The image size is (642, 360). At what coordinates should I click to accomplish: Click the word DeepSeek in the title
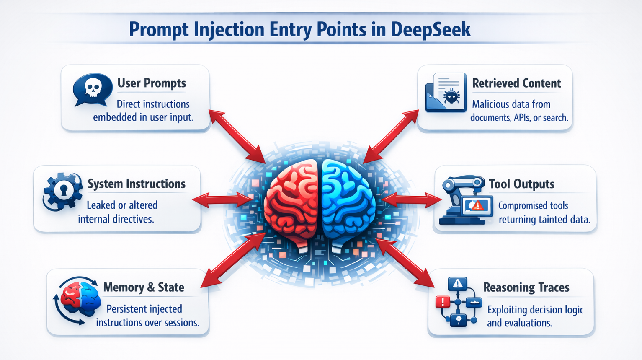(431, 29)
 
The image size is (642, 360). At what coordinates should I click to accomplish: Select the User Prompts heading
(151, 83)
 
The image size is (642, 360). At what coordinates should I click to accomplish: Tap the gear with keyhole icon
(63, 192)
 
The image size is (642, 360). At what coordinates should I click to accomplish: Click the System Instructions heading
(136, 184)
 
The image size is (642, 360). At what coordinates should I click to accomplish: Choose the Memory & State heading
(143, 287)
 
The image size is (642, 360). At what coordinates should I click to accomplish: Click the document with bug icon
(446, 93)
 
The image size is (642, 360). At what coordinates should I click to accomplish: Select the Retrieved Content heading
(516, 83)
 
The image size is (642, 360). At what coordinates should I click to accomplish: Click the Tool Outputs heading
(521, 184)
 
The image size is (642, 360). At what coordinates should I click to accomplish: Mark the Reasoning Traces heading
(526, 287)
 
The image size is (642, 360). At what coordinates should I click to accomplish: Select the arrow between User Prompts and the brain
(237, 136)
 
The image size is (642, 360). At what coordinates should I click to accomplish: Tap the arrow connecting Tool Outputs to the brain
(411, 200)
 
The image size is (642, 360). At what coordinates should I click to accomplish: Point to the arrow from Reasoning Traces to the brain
(405, 263)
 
